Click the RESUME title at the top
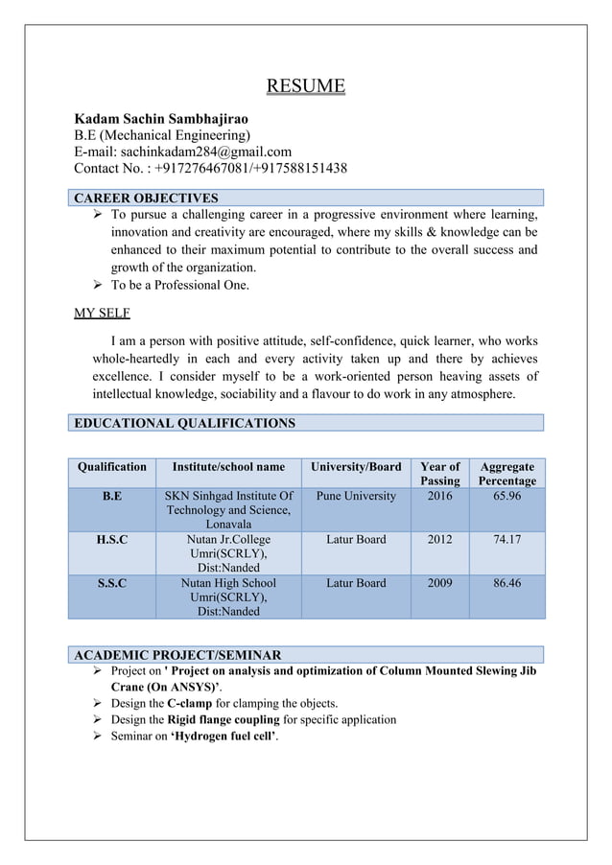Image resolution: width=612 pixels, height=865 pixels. [x=305, y=86]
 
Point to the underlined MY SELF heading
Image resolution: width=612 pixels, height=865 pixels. [x=102, y=313]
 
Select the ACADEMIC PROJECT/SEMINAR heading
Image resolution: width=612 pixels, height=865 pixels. [x=177, y=655]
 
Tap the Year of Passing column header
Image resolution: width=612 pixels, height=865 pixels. [x=440, y=474]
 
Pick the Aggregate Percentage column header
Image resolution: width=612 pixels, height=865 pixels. [x=507, y=474]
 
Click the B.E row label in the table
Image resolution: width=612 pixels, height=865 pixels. [x=112, y=497]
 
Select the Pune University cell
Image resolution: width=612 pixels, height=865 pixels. [x=356, y=497]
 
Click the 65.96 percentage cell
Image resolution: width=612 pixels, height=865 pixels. [x=507, y=497]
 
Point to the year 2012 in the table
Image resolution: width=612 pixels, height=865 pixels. [x=440, y=540]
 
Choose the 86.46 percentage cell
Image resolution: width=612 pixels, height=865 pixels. [x=507, y=583]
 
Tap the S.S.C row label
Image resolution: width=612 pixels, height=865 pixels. [x=112, y=583]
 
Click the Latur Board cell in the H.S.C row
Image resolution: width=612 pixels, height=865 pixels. [x=356, y=540]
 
